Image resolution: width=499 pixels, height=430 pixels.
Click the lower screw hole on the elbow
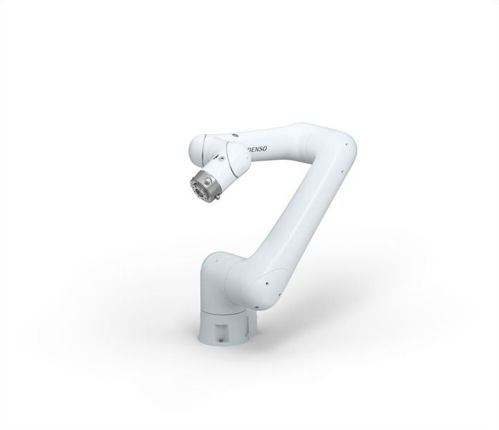click(345, 171)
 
